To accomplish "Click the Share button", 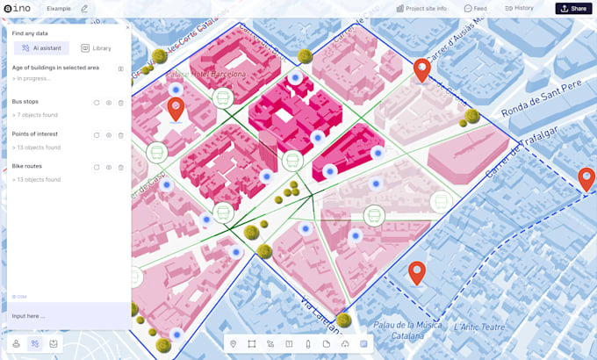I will (x=573, y=9).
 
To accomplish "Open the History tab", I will (x=519, y=9).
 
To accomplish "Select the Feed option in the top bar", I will (x=475, y=9).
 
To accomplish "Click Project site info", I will (x=421, y=9).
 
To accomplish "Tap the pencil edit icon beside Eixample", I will (x=85, y=9).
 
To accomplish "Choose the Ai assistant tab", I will (x=41, y=48).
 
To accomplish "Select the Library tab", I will (x=96, y=48).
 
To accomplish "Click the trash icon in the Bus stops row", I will (x=120, y=103).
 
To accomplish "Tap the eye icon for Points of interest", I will (x=109, y=135).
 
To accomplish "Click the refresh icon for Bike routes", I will (x=97, y=167).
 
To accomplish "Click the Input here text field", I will (x=68, y=316).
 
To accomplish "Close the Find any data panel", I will (x=127, y=27).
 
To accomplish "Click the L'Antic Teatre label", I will (x=479, y=328).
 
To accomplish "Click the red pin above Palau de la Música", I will (x=416, y=273).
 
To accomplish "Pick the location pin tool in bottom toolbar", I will (x=234, y=343).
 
